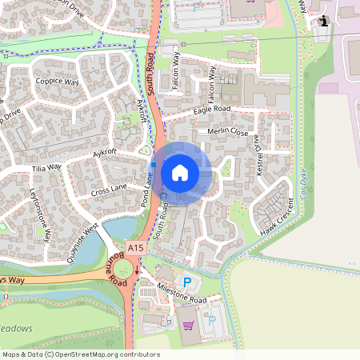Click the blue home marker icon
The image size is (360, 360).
(180, 172)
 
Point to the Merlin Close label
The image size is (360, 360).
(229, 133)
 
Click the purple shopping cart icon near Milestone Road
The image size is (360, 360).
(189, 326)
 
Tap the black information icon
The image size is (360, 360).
(323, 21)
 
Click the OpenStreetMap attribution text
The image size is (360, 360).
(80, 354)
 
